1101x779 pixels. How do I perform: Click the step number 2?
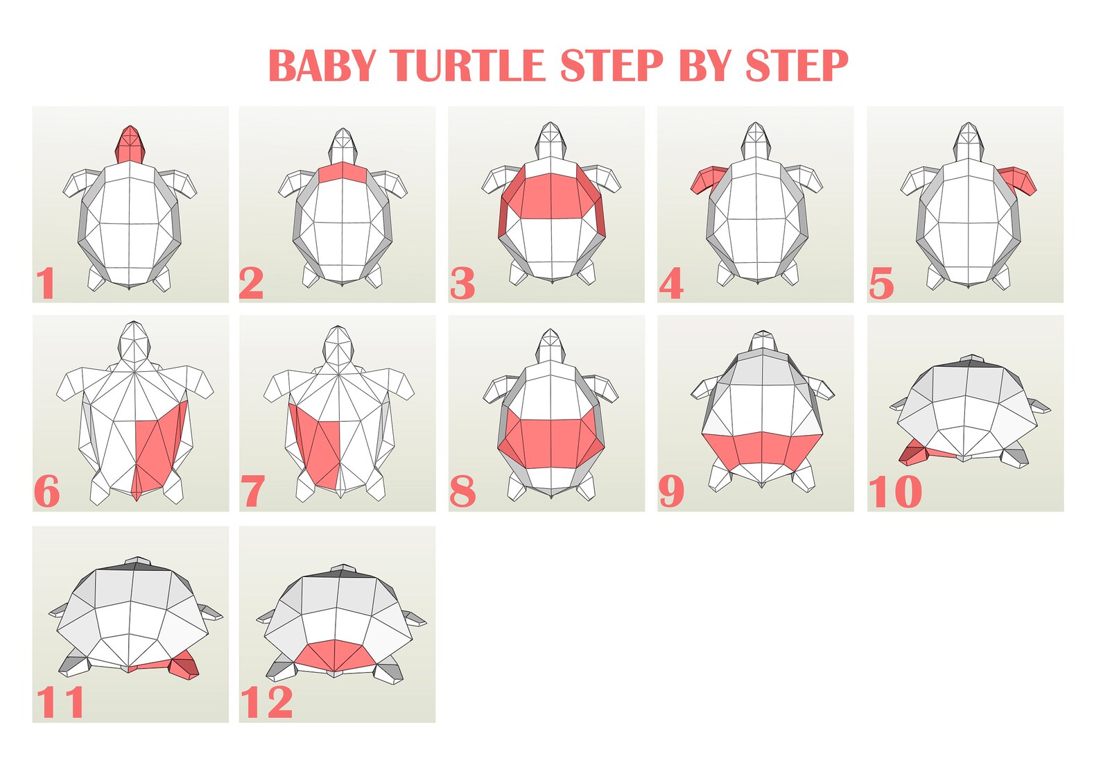pyautogui.click(x=251, y=283)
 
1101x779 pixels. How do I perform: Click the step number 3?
pyautogui.click(x=462, y=283)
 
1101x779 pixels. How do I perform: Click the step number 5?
pyautogui.click(x=881, y=284)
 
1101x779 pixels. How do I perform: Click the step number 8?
pyautogui.click(x=462, y=492)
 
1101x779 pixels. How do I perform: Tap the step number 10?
pyautogui.click(x=895, y=492)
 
